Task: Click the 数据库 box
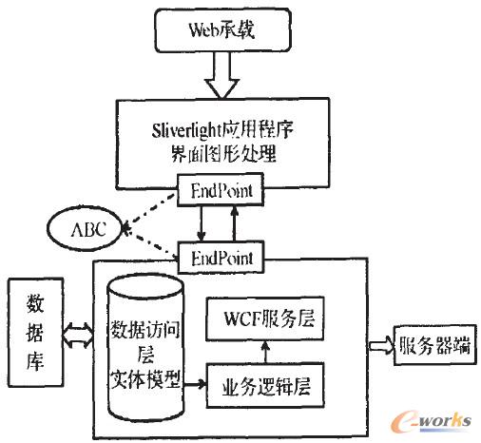(x=29, y=332)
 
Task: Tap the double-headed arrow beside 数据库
(x=74, y=333)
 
